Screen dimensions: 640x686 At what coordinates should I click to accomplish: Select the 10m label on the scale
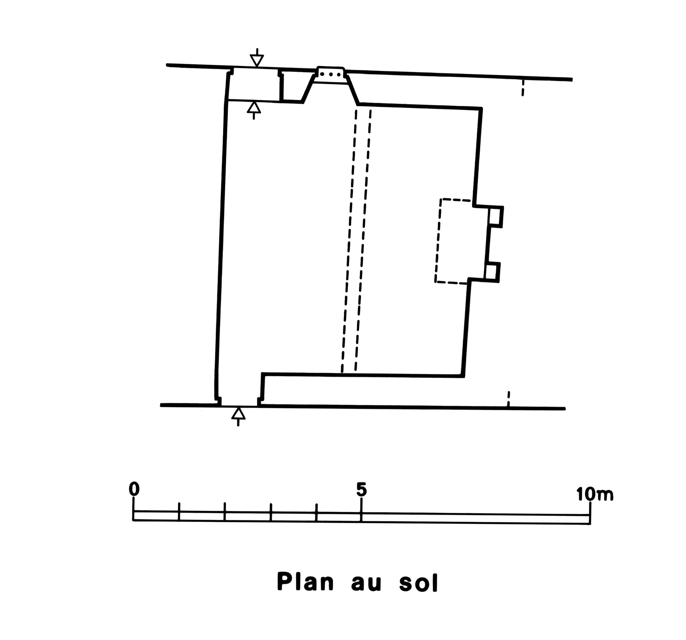click(x=594, y=495)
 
